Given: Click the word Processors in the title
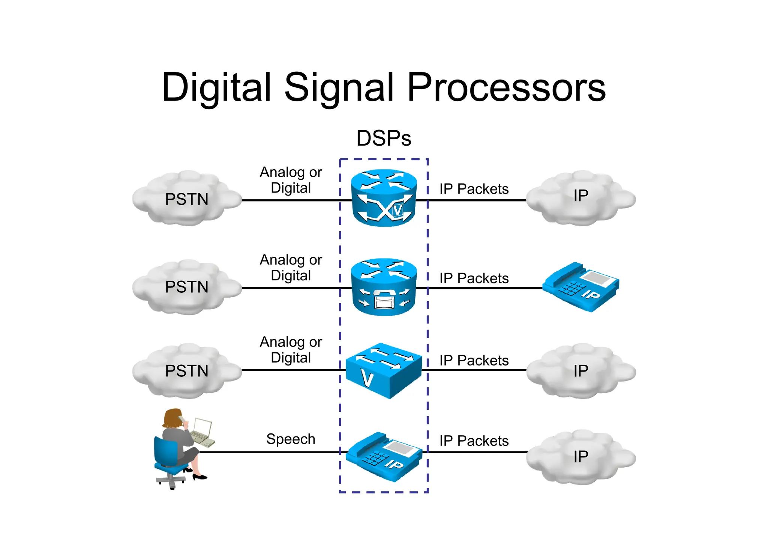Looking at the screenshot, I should coord(506,87).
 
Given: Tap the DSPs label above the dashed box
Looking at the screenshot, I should coord(384,138).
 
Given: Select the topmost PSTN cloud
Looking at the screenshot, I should coord(187,199).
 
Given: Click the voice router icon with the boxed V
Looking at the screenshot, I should coord(384,198).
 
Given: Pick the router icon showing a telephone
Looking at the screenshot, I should coord(384,287).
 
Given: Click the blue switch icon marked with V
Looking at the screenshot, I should coord(384,370).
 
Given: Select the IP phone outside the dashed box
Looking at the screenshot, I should coord(580,287).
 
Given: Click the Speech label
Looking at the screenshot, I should coord(291,439).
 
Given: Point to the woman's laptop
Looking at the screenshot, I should coord(202,432).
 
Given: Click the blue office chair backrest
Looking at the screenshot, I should coord(165,450).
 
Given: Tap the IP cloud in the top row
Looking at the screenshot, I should coord(580,198).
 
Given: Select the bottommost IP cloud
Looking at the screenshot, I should coord(580,457).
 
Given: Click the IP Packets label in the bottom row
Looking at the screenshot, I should coord(474,441).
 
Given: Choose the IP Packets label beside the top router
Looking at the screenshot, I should coord(474,189).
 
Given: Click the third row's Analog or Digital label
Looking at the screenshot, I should coord(291,349).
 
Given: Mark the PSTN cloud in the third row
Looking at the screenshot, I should coord(187,370).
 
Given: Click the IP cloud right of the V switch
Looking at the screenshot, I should coord(580,370).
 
